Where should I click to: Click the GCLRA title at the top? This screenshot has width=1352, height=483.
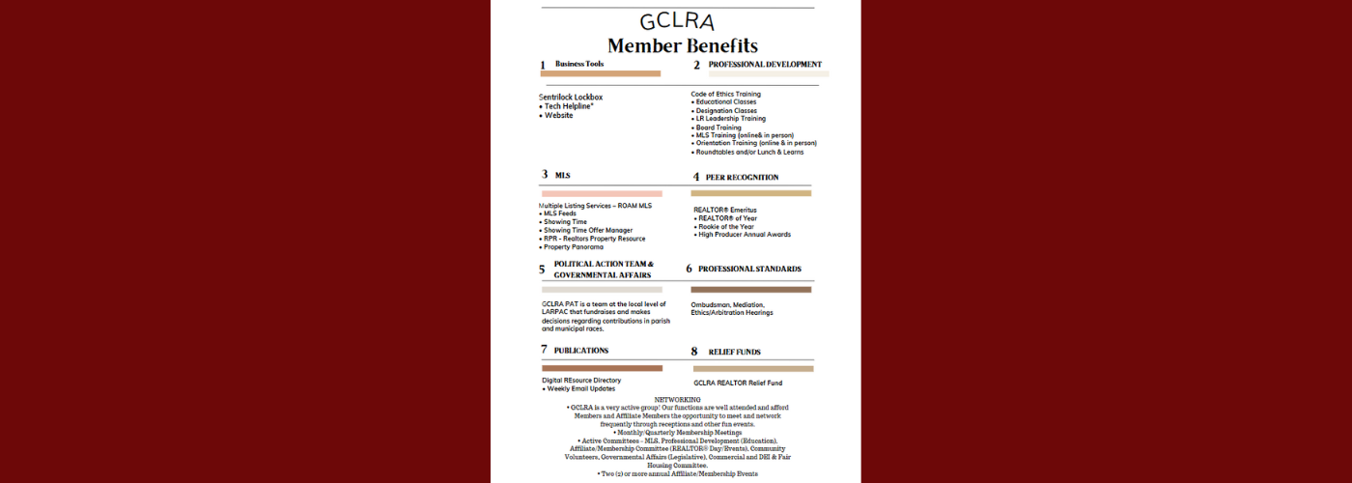pos(676,21)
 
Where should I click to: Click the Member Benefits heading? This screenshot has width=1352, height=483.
pos(682,45)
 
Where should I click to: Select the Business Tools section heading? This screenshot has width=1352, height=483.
pos(579,64)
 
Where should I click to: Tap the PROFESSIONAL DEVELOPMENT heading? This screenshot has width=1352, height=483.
pos(765,65)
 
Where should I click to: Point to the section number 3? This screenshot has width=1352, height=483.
pos(545,175)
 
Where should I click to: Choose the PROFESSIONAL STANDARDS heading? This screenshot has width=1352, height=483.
pos(749,269)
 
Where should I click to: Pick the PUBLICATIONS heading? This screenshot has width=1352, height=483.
pos(581,350)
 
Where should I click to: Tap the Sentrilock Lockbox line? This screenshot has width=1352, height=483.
pos(571,98)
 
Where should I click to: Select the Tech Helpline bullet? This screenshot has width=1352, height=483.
pos(568,106)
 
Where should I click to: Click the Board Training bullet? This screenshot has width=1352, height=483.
pos(718,128)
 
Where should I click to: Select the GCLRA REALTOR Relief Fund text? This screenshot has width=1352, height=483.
pos(738,383)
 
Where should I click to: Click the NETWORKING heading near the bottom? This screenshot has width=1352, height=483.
pos(677,399)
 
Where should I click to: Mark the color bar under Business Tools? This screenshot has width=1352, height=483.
pos(601,73)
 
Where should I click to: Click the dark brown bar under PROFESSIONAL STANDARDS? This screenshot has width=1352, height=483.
pos(750,290)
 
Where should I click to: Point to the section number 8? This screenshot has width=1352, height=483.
pos(693,353)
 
